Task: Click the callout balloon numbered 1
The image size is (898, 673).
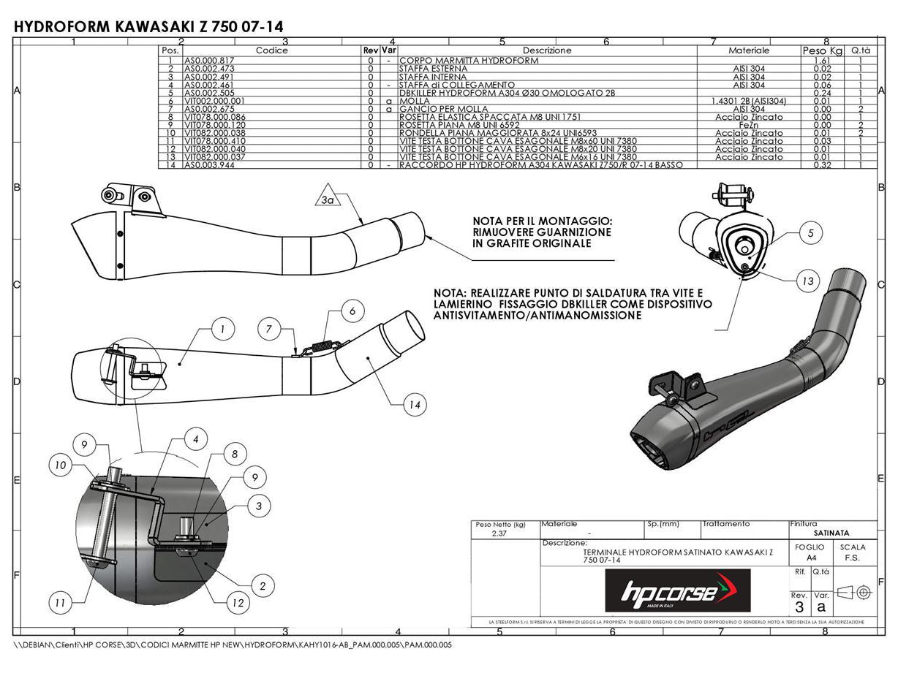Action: [x=222, y=330]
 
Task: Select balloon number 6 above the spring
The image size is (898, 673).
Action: [x=352, y=311]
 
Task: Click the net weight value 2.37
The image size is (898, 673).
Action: [x=501, y=533]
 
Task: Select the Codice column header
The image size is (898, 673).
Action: [x=271, y=50]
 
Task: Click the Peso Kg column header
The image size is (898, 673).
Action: [x=823, y=50]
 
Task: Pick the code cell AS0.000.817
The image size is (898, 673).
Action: [x=209, y=61]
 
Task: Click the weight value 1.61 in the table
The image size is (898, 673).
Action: [x=822, y=61]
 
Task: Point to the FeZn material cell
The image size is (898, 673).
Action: [x=749, y=125]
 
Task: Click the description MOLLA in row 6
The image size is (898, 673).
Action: [x=410, y=101]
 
